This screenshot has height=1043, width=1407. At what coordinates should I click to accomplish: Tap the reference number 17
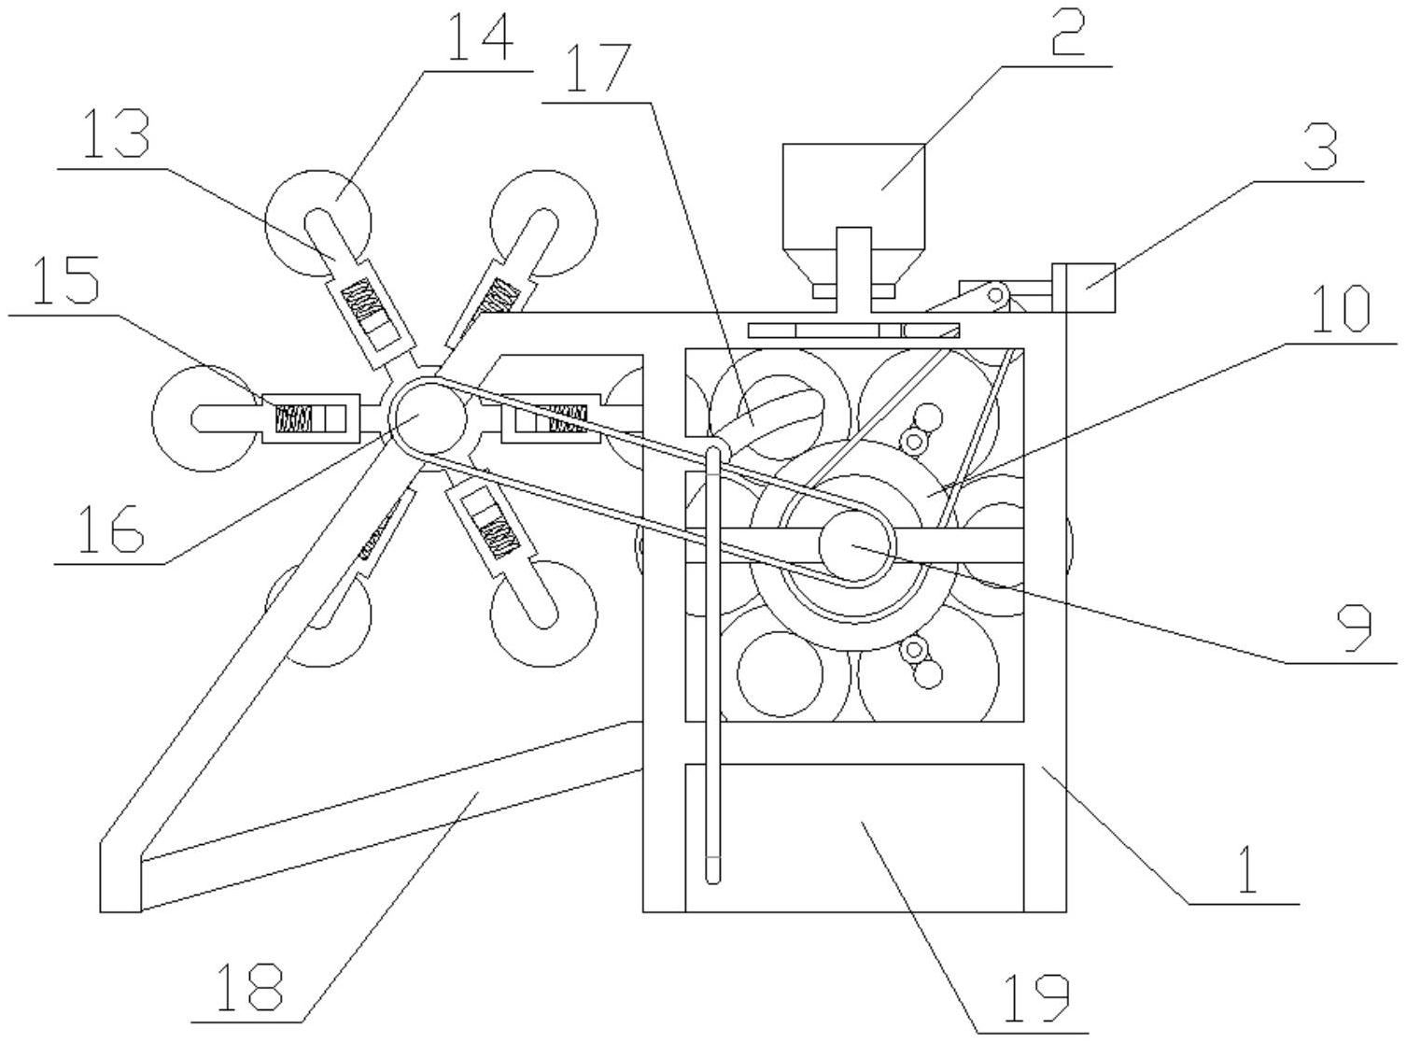pyautogui.click(x=598, y=67)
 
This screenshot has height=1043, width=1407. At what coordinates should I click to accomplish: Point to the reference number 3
pyautogui.click(x=1320, y=147)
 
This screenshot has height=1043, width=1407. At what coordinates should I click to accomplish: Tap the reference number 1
pyautogui.click(x=1247, y=869)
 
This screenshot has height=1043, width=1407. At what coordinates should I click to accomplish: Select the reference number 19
pyautogui.click(x=1036, y=999)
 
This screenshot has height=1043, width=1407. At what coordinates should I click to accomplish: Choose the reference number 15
pyautogui.click(x=66, y=279)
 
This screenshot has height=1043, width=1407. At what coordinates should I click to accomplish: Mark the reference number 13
pyautogui.click(x=117, y=134)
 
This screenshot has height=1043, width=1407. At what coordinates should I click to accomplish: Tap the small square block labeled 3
pyautogui.click(x=1083, y=288)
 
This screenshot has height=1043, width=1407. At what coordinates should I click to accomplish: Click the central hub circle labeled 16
pyautogui.click(x=429, y=418)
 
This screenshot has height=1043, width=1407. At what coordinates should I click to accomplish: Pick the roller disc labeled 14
pyautogui.click(x=317, y=223)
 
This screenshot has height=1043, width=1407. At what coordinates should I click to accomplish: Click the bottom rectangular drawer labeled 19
pyautogui.click(x=854, y=838)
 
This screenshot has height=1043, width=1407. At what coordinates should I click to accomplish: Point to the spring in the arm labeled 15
pyautogui.click(x=294, y=418)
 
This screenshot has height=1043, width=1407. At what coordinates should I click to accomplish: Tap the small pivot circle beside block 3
pyautogui.click(x=997, y=294)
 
